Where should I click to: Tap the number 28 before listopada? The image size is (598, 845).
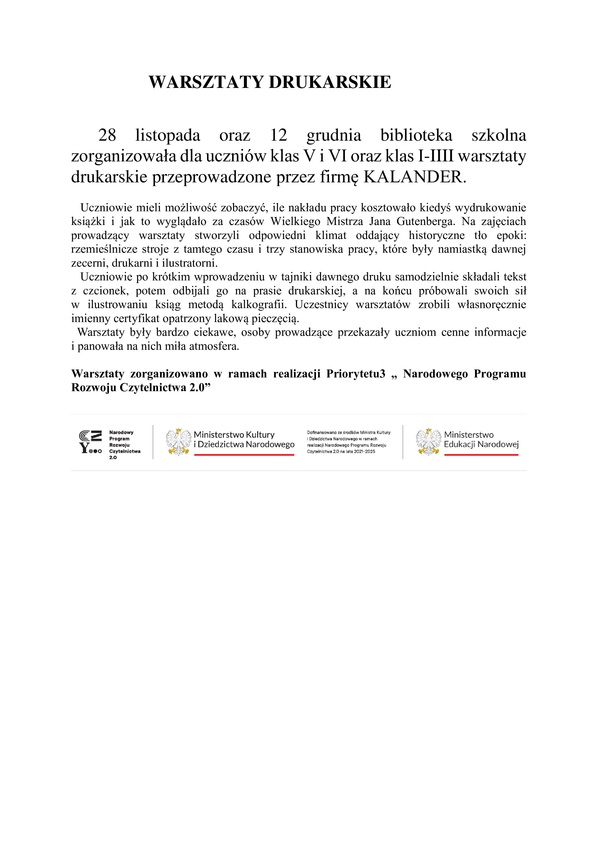(x=107, y=135)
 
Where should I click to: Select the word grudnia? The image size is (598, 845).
(x=334, y=135)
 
